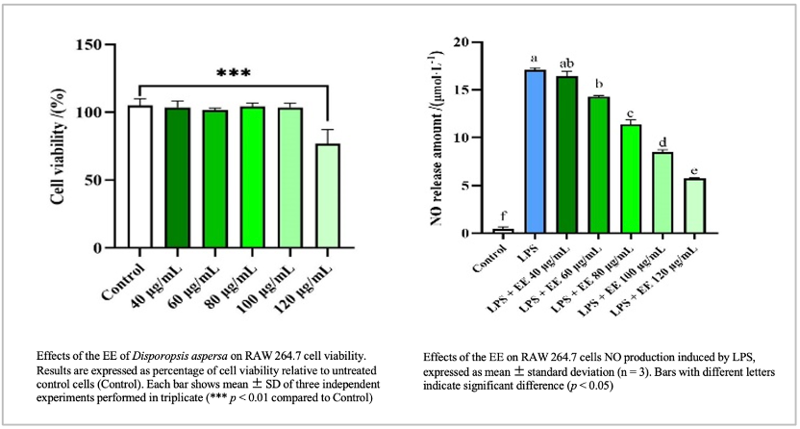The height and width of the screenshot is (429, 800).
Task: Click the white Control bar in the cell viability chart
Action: pyautogui.click(x=140, y=177)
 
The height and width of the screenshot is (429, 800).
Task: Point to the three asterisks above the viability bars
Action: pyautogui.click(x=234, y=73)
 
